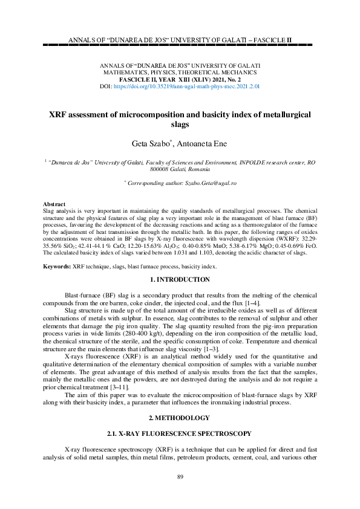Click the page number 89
(180, 478)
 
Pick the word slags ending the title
(180, 125)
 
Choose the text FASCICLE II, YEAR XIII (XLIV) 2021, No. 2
(180, 79)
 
